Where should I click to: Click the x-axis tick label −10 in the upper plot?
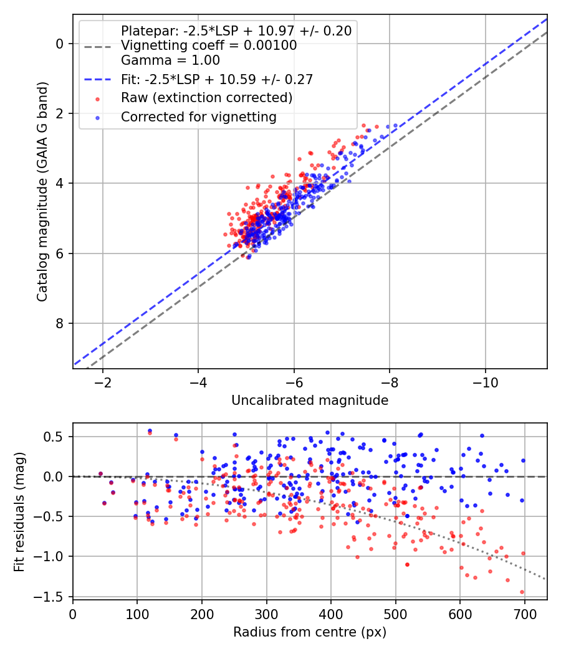tap(485, 382)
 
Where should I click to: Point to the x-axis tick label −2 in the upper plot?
tap(102, 382)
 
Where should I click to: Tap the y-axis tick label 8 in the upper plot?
tap(60, 323)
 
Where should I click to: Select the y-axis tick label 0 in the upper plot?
tap(60, 44)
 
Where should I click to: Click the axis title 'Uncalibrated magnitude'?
tap(310, 400)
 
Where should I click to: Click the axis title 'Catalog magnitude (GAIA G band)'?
tap(42, 191)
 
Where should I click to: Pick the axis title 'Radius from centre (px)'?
tap(310, 632)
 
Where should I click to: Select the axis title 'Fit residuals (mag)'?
tap(19, 512)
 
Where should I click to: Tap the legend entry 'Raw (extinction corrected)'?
tap(206, 98)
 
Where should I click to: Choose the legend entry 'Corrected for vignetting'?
tap(199, 117)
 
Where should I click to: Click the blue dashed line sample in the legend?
tap(98, 79)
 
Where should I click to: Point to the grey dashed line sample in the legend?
tap(98, 47)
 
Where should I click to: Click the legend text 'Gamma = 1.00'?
tap(170, 60)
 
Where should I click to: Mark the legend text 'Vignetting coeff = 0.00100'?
tap(209, 45)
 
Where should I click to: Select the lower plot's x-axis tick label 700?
tap(524, 614)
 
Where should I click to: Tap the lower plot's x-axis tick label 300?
tap(266, 614)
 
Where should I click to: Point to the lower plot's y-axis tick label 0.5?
tap(55, 437)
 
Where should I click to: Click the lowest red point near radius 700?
tap(522, 592)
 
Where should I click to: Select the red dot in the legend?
tap(98, 99)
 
